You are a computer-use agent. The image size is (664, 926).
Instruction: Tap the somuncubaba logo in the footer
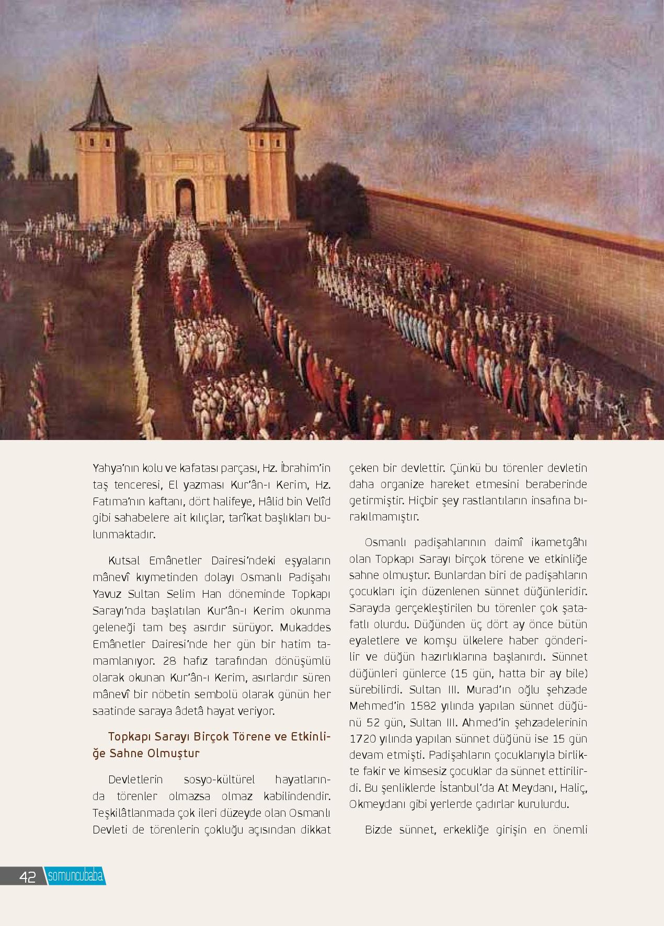(75, 876)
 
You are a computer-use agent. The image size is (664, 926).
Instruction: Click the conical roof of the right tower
(269, 102)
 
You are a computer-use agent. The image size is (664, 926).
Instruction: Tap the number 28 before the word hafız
(170, 661)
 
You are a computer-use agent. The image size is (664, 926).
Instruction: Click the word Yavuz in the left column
(107, 594)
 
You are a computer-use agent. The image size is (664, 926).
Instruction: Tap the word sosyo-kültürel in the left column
(218, 780)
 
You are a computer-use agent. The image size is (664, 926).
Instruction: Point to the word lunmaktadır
(124, 535)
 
